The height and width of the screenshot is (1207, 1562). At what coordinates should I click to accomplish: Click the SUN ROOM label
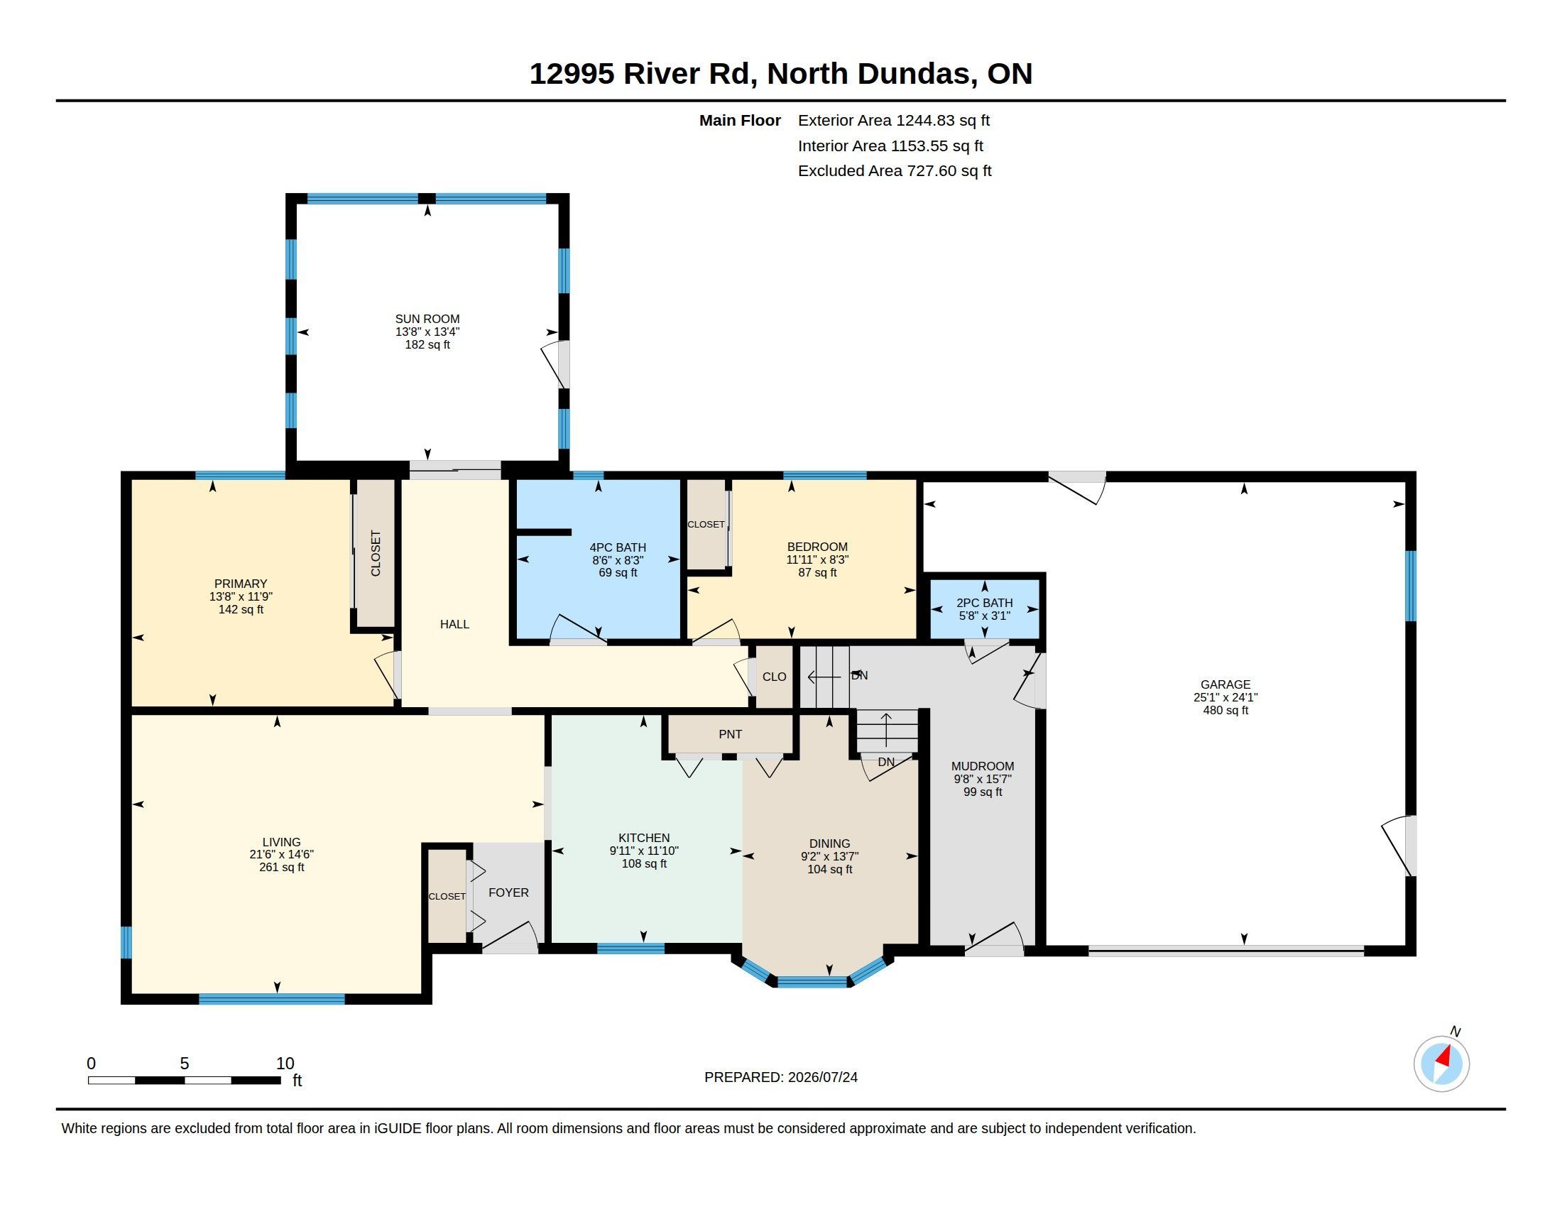(x=427, y=319)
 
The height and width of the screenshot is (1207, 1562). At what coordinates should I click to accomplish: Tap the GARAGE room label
(x=1225, y=684)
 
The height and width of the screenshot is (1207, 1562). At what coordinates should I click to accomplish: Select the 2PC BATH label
(x=984, y=603)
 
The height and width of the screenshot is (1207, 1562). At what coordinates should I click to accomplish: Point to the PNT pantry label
(x=730, y=734)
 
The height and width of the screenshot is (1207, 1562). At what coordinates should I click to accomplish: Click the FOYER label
(x=508, y=892)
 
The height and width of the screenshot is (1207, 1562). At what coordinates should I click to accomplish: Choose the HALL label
(x=454, y=624)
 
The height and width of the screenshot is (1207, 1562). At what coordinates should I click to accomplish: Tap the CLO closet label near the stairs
(x=774, y=677)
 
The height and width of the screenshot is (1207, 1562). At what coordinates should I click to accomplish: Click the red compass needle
(x=1445, y=1056)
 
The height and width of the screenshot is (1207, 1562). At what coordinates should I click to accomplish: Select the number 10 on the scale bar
(x=285, y=1064)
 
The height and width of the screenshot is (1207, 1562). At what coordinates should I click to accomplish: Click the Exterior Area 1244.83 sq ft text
(x=893, y=120)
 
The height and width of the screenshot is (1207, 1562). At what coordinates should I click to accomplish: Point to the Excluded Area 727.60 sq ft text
(x=895, y=171)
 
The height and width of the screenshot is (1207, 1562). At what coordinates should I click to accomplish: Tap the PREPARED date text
(x=780, y=1077)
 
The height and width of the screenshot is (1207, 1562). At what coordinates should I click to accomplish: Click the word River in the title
(x=662, y=74)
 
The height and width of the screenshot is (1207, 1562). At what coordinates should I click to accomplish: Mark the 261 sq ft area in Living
(x=281, y=868)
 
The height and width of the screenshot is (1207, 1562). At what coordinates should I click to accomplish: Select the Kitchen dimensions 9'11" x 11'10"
(x=644, y=851)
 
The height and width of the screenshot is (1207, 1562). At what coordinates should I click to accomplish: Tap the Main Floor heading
(x=740, y=120)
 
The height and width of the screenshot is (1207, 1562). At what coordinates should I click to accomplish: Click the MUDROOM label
(x=982, y=766)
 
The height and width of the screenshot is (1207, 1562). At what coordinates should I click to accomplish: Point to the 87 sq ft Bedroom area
(x=816, y=573)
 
